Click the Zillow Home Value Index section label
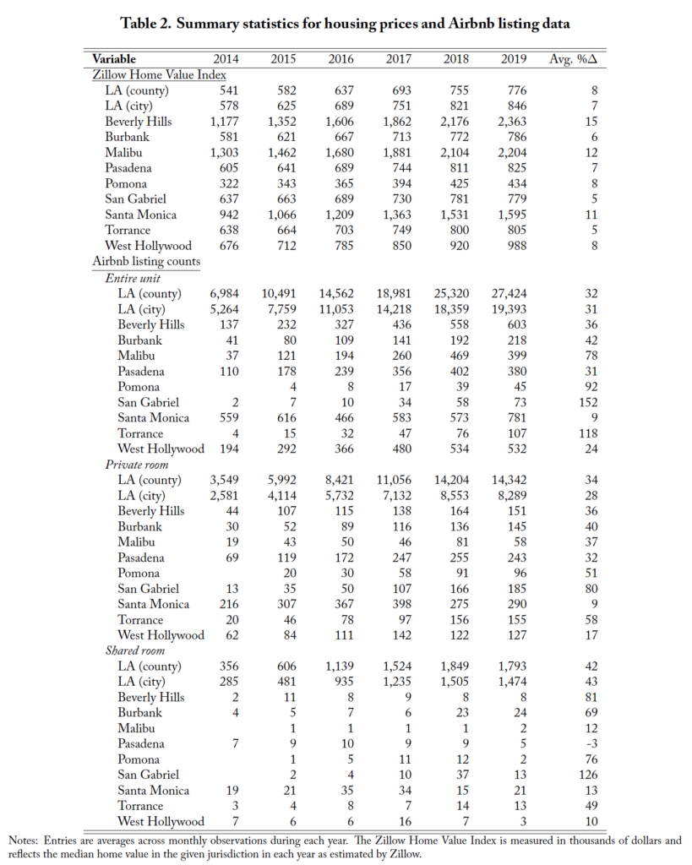(x=146, y=74)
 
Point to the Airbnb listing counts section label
(x=146, y=261)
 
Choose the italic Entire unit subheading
(x=133, y=277)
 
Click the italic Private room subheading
(x=137, y=464)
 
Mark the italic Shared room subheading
(x=136, y=650)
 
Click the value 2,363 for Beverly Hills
(x=513, y=121)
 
